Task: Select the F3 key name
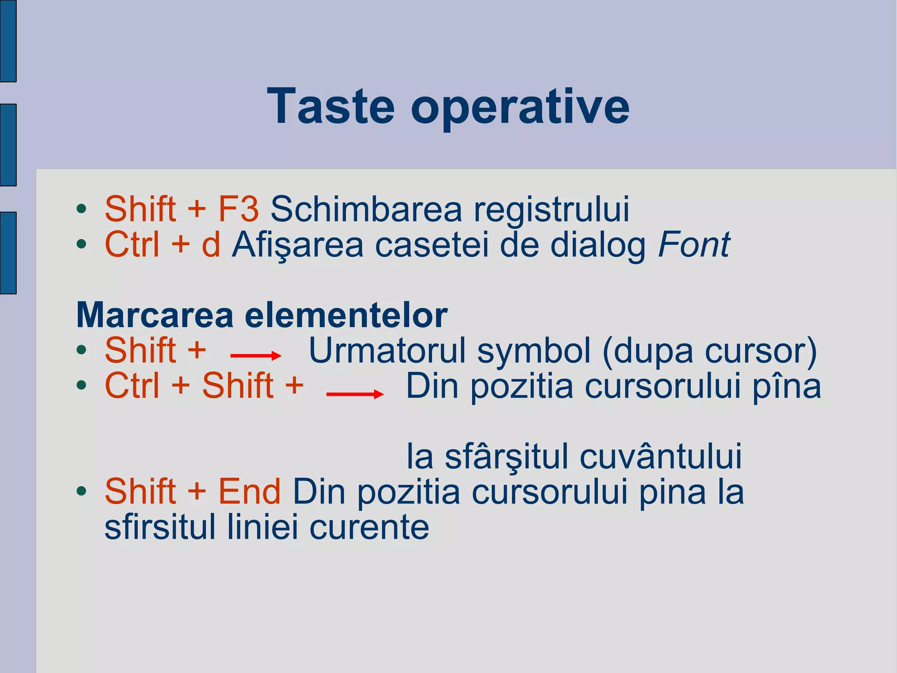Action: click(238, 209)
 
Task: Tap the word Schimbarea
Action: click(366, 209)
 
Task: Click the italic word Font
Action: click(694, 245)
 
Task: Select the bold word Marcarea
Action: click(155, 315)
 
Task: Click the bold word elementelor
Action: click(346, 315)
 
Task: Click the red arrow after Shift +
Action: click(256, 356)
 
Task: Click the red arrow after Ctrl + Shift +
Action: click(355, 394)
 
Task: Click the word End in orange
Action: click(249, 491)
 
